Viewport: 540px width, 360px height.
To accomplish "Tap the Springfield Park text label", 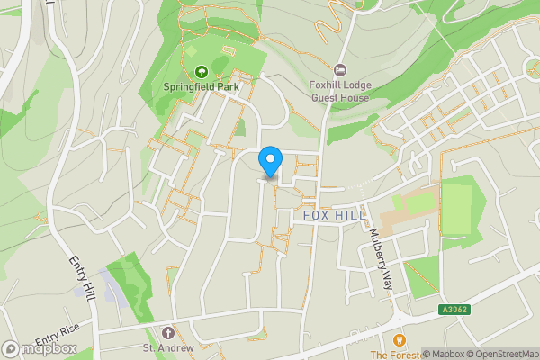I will point(200,87).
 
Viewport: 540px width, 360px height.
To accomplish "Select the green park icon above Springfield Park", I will point(201,71).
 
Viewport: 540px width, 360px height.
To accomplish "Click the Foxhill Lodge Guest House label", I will point(340,91).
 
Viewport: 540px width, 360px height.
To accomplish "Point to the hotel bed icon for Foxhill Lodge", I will point(340,70).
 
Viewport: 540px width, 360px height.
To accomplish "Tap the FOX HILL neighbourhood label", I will point(335,216).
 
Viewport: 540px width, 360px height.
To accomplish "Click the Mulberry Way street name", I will point(381,257).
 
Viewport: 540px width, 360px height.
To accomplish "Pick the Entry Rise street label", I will point(59,333).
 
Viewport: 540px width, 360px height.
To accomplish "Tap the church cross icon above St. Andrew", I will point(168,332).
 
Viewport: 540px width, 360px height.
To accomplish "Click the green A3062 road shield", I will point(454,309).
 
